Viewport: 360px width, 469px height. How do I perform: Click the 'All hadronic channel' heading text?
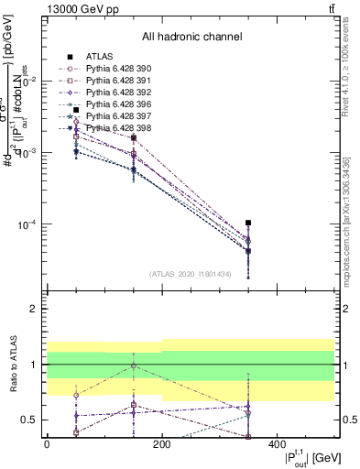point(191,38)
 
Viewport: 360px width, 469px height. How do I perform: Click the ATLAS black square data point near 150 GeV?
point(134,138)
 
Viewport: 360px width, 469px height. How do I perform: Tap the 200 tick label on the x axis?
point(162,443)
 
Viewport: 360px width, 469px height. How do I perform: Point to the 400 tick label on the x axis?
point(277,443)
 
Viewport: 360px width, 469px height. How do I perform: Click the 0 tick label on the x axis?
point(47,443)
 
